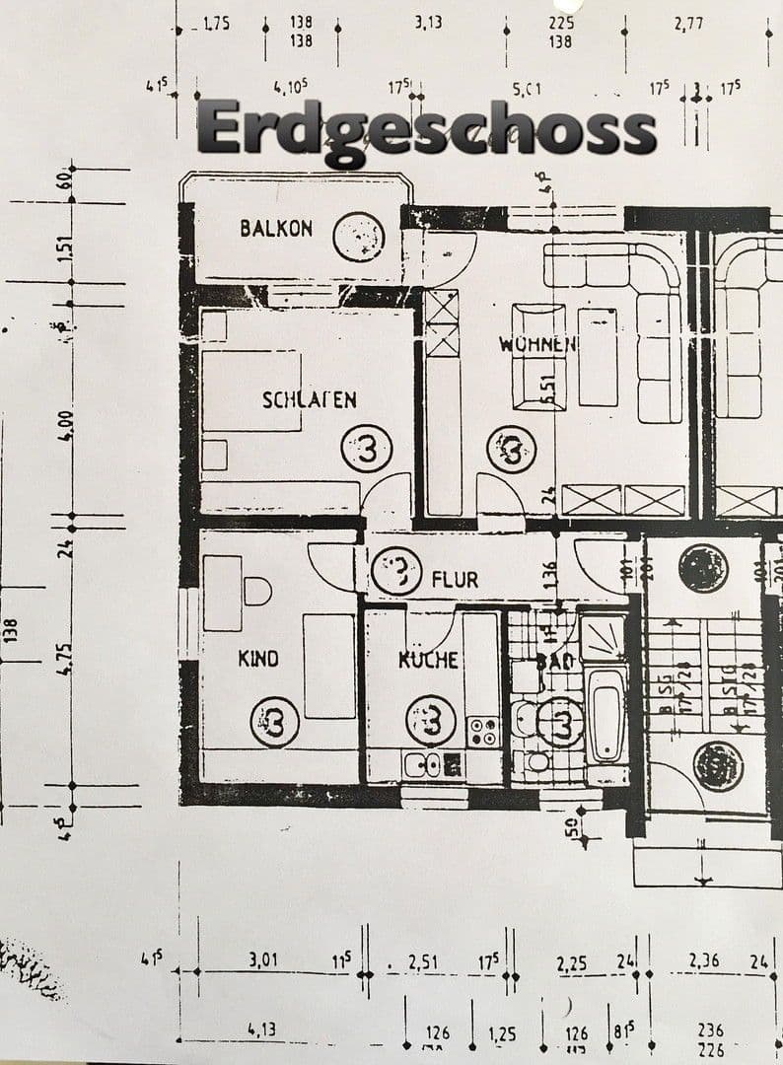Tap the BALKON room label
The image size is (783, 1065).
click(276, 229)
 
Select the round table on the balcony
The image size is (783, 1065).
click(358, 237)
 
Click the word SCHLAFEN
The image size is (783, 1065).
click(309, 399)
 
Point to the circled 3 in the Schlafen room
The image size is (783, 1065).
click(366, 451)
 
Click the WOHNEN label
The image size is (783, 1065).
click(537, 345)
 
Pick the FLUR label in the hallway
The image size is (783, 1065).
click(456, 579)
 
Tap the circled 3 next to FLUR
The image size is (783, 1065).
click(396, 571)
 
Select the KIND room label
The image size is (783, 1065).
click(258, 658)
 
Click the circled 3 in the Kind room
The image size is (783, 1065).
click(275, 722)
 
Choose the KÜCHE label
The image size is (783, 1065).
click(429, 660)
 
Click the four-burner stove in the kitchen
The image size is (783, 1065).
click(483, 731)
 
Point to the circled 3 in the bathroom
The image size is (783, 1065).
click(562, 722)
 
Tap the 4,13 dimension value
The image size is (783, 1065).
click(261, 1029)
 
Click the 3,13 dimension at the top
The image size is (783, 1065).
click(427, 23)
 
